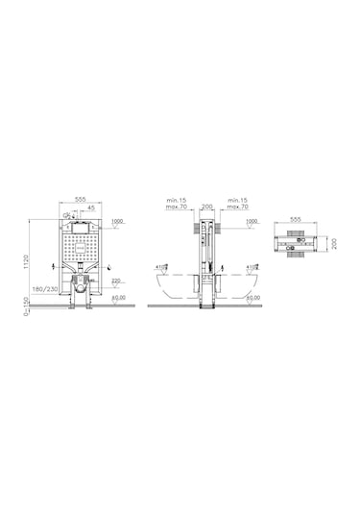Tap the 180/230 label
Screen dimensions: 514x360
pyautogui.click(x=42, y=287)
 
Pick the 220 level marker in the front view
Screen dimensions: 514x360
pyautogui.click(x=117, y=280)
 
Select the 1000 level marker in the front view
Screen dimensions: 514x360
pyautogui.click(x=117, y=222)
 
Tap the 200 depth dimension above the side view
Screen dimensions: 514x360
pyautogui.click(x=206, y=205)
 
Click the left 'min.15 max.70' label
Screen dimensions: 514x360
pyautogui.click(x=176, y=201)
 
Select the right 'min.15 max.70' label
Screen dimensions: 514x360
pyautogui.click(x=237, y=201)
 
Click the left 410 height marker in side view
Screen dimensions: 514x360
pyautogui.click(x=161, y=266)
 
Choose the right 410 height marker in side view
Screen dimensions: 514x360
pyautogui.click(x=252, y=266)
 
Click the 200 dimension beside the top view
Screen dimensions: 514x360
pyautogui.click(x=333, y=243)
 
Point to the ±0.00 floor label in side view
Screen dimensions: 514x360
pyautogui.click(x=252, y=298)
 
